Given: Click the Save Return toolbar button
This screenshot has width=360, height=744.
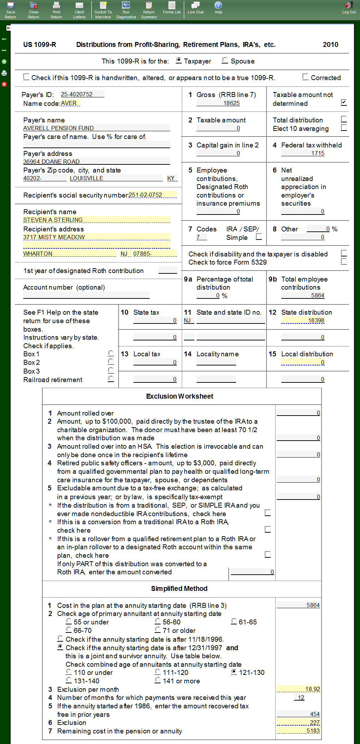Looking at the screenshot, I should coord(11,10).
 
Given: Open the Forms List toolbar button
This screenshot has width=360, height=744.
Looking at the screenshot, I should coord(172,8).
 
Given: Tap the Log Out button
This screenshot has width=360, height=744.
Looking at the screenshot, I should coord(349,8).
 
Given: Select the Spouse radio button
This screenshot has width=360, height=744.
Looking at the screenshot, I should coord(225,60).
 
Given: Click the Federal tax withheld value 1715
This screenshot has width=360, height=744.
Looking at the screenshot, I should coord(303,153).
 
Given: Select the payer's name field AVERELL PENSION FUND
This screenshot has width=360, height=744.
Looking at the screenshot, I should coord(96,128).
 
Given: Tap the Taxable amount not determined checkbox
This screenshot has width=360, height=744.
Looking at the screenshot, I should coord(344,102).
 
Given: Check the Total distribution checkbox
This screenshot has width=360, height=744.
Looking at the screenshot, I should coord(344,119).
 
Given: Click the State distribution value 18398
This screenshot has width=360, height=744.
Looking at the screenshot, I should coord(303,320).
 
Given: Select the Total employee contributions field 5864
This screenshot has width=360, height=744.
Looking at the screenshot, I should coord(303,295).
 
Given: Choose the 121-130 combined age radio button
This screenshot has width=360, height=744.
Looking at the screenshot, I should coord(234,672).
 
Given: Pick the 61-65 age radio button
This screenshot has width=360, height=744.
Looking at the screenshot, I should coord(234,621).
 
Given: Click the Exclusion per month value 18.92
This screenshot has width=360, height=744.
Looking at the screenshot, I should coord(299,689).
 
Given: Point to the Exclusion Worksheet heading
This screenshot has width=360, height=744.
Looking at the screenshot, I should coord(180,396).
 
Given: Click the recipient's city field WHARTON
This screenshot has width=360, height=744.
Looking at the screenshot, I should coord(70,254).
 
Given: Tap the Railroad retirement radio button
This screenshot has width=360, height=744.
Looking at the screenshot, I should coord(111,379).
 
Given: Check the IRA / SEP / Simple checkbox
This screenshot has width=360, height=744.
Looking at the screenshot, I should coord(259,236).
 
